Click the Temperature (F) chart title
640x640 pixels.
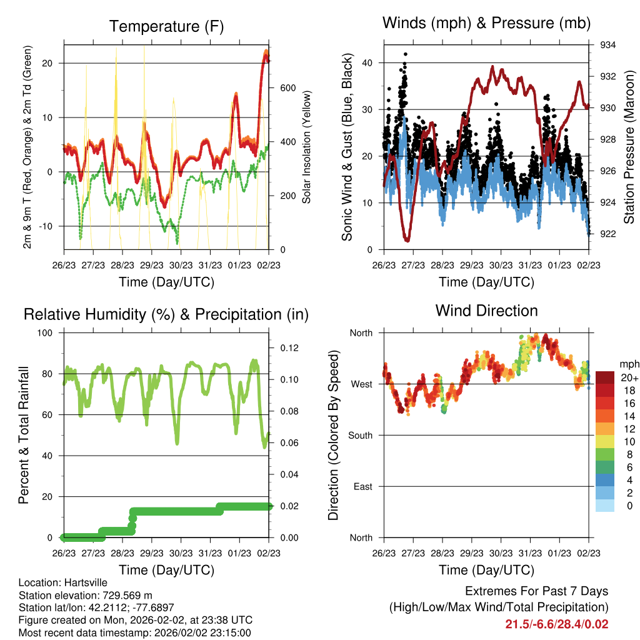(x=166, y=26)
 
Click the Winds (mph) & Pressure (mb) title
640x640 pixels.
(x=486, y=23)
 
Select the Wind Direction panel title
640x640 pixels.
(x=486, y=311)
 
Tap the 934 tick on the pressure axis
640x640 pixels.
(x=607, y=45)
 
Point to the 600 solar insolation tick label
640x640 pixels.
(x=287, y=88)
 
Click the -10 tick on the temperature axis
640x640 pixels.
(x=46, y=226)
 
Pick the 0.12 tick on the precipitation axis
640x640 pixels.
(x=289, y=348)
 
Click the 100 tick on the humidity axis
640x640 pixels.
(x=45, y=333)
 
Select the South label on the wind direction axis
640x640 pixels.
(x=361, y=436)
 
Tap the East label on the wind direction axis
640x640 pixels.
(x=363, y=486)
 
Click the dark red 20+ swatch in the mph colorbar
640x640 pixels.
(x=605, y=377)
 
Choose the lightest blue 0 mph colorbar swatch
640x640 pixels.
(x=605, y=505)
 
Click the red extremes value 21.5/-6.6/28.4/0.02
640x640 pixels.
(x=557, y=624)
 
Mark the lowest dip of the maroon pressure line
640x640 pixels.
(x=406, y=241)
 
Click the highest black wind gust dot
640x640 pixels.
(x=405, y=54)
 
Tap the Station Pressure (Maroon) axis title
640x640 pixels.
(x=629, y=147)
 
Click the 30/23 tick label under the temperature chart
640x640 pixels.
(x=181, y=265)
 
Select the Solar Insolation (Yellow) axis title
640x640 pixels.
(x=306, y=147)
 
